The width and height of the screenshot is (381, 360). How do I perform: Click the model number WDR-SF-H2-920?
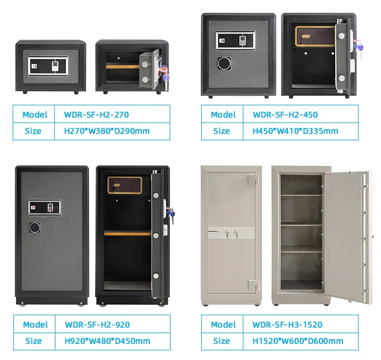click(97, 324)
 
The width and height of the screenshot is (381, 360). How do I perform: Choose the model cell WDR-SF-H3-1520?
click(288, 324)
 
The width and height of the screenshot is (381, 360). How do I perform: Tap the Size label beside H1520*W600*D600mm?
click(221, 341)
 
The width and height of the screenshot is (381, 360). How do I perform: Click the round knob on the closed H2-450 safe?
click(224, 63)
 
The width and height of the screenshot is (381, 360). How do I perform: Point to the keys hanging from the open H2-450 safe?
click(361, 47)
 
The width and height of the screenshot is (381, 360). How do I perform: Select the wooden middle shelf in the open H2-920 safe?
click(128, 233)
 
